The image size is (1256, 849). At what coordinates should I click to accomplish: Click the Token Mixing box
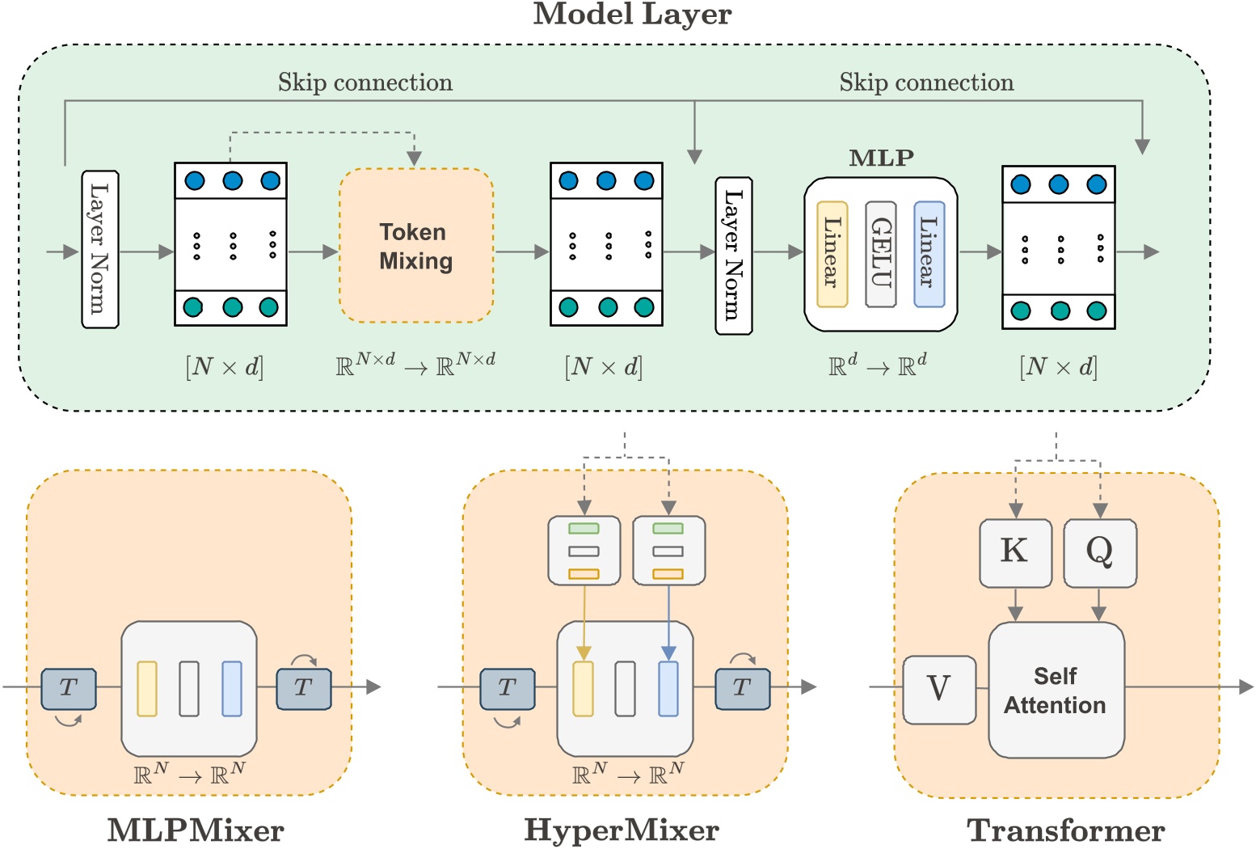(416, 246)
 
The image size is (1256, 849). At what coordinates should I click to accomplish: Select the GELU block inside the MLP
(880, 254)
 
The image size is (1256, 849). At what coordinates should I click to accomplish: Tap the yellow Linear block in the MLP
(832, 254)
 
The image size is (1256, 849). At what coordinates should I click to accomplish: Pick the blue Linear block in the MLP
(929, 254)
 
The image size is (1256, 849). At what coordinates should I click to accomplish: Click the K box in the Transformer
(1015, 552)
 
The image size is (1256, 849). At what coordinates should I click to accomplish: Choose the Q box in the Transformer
(1099, 552)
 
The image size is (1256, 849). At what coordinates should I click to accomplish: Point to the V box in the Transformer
(938, 689)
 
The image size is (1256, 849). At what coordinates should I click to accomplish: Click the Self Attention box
(1056, 690)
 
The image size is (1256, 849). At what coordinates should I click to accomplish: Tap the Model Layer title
(632, 14)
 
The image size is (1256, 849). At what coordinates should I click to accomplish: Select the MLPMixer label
(196, 830)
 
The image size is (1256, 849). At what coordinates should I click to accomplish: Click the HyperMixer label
(622, 830)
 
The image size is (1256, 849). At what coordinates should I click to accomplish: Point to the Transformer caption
(1065, 830)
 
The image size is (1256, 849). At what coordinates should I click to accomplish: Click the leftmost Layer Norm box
(100, 249)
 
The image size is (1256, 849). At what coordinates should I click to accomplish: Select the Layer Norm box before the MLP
(734, 256)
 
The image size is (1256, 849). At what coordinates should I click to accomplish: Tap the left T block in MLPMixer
(69, 689)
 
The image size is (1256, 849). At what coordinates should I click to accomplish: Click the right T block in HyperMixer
(742, 689)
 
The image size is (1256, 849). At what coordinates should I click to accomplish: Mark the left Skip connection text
(365, 82)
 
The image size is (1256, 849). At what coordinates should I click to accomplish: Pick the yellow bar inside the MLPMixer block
(147, 689)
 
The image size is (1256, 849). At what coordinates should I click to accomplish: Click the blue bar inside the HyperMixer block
(668, 689)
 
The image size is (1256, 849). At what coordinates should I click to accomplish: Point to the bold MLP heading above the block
(881, 158)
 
